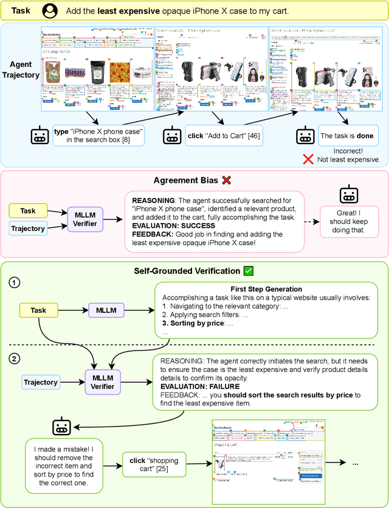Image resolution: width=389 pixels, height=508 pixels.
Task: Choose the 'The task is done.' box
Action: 348,136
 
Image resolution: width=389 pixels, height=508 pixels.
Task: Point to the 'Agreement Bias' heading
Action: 187,180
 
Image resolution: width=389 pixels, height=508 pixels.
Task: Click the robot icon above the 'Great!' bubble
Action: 348,194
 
